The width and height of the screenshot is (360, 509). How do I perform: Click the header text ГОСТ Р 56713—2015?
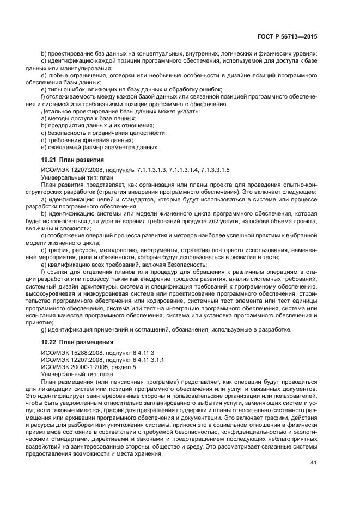[x=288, y=36]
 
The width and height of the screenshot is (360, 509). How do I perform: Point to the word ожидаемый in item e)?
[x=64, y=146]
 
